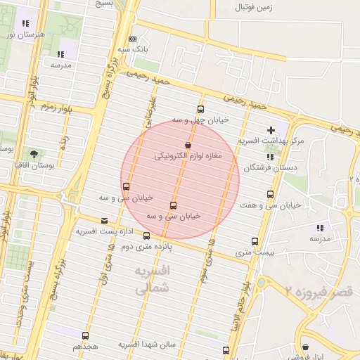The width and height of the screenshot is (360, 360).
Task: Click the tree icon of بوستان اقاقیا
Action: [x=34, y=153]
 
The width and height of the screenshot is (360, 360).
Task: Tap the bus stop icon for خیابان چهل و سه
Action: [x=201, y=109]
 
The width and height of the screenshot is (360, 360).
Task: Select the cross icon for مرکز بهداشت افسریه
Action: [x=271, y=129]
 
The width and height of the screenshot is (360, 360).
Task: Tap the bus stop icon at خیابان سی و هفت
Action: [x=270, y=194]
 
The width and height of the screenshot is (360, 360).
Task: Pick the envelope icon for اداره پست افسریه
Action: [x=105, y=220]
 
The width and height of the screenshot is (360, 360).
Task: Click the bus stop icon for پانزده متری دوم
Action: [x=146, y=236]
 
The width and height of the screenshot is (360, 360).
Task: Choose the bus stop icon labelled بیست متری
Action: [x=255, y=241]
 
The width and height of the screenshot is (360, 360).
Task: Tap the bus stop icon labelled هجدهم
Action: [x=86, y=335]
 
